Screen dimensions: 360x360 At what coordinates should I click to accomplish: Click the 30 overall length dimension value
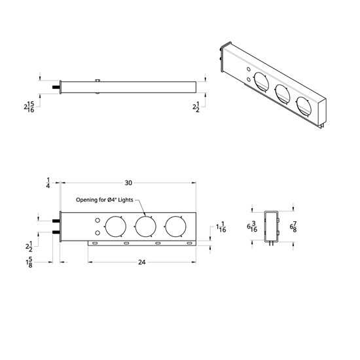(128, 183)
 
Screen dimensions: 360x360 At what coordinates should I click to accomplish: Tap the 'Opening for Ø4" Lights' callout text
(105, 200)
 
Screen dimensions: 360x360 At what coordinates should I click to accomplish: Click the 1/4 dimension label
(48, 182)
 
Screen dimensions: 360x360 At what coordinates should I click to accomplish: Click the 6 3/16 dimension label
(252, 226)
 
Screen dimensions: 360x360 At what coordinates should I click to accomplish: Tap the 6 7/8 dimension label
(294, 226)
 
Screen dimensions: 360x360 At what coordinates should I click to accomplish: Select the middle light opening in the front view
(145, 226)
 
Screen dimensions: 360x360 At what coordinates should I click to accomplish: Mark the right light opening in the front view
(175, 226)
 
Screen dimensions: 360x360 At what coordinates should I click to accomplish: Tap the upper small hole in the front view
(98, 221)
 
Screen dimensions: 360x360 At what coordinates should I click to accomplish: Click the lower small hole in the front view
(98, 232)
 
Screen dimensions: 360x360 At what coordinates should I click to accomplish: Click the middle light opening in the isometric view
(284, 93)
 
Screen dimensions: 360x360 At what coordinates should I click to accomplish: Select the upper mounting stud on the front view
(55, 221)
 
